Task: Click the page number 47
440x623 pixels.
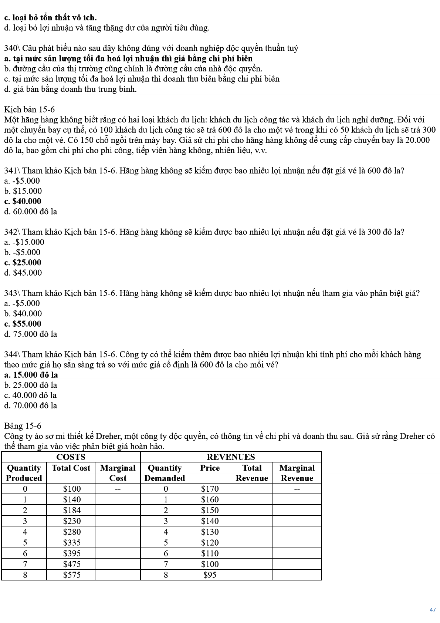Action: coord(433,610)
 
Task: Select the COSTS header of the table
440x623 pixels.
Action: coord(71,457)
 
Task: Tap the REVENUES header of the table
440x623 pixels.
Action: coord(231,457)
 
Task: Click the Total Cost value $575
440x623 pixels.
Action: coord(71,575)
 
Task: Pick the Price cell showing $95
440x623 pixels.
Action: coord(210,575)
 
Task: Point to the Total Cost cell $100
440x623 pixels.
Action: coord(71,489)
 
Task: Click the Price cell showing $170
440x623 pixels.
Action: coord(210,489)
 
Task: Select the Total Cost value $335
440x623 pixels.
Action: coord(71,543)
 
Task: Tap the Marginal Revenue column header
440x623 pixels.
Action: coord(297,473)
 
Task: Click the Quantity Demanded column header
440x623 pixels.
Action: coord(165,473)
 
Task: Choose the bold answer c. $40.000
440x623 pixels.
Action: coord(23,201)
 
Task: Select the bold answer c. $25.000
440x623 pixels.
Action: coord(23,263)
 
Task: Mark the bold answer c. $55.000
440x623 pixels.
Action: coord(23,324)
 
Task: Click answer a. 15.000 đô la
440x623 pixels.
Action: coord(31,375)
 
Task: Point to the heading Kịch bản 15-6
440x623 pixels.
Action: coord(29,110)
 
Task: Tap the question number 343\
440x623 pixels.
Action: coord(13,293)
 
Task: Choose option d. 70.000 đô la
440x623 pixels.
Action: coord(31,405)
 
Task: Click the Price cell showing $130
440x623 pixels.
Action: coord(210,532)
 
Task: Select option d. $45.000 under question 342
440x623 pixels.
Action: coord(23,273)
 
